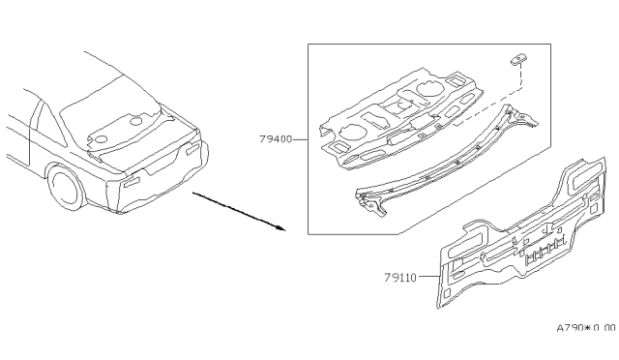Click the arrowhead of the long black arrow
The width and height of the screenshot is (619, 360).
(x=281, y=229)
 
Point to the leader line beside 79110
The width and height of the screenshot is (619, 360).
(x=430, y=277)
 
